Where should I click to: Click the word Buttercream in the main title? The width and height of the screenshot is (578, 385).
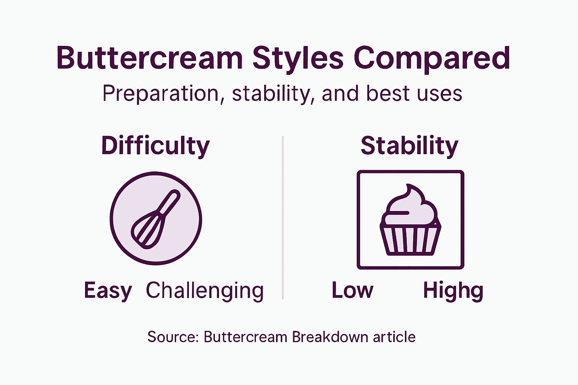click(150, 58)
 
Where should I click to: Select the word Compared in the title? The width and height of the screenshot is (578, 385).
click(432, 58)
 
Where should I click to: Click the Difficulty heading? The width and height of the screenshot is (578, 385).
click(155, 146)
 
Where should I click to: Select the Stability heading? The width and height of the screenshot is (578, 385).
click(409, 146)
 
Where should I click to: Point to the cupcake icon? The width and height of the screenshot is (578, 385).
click(410, 220)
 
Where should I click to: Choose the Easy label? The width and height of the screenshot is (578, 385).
click(108, 291)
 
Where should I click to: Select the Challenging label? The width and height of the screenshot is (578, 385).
click(205, 291)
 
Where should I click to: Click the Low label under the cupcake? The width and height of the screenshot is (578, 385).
click(352, 291)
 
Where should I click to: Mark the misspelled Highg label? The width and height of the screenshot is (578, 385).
click(453, 291)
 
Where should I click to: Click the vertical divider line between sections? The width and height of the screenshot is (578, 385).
click(283, 218)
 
